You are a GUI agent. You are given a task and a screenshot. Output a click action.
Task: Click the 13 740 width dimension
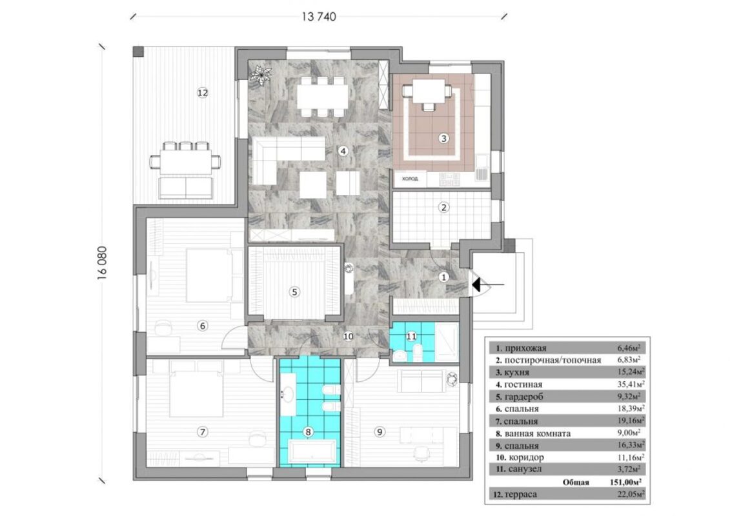[319, 17]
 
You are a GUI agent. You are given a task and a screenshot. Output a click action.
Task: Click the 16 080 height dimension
[103, 263]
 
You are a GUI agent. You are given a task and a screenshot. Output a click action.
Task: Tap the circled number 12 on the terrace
[203, 93]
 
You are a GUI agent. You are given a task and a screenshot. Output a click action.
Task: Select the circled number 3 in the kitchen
[443, 138]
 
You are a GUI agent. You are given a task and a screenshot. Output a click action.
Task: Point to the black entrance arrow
[487, 284]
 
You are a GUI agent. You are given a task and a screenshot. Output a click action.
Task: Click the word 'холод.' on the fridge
[410, 179]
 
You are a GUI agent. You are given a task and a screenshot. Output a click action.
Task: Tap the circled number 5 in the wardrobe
[294, 292]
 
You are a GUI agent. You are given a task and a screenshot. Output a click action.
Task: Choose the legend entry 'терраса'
[520, 494]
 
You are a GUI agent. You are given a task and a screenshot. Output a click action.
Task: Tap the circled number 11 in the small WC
[411, 336]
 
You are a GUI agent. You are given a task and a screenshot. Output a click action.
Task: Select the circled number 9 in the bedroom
[380, 432]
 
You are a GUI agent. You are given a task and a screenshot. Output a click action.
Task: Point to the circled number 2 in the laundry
[443, 208]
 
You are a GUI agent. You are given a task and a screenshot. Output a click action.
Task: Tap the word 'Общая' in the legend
[576, 482]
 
